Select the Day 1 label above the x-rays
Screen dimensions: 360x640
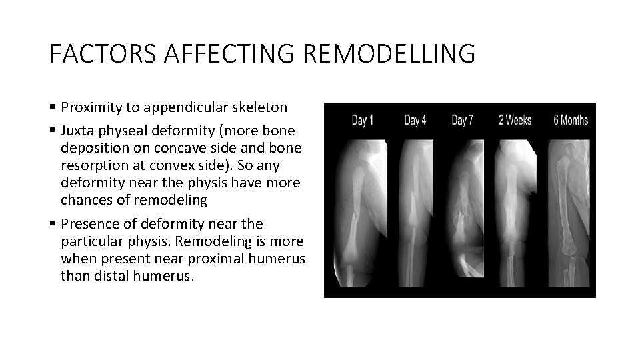[x=363, y=120]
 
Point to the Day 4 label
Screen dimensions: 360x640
[x=415, y=120]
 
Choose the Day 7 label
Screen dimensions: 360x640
[x=462, y=120]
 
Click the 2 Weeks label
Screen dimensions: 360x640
[x=515, y=120]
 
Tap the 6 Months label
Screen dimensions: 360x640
[x=571, y=120]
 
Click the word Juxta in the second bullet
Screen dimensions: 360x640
[x=77, y=129]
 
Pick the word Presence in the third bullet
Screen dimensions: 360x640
[x=88, y=223]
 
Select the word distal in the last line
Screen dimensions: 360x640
[x=105, y=276]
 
